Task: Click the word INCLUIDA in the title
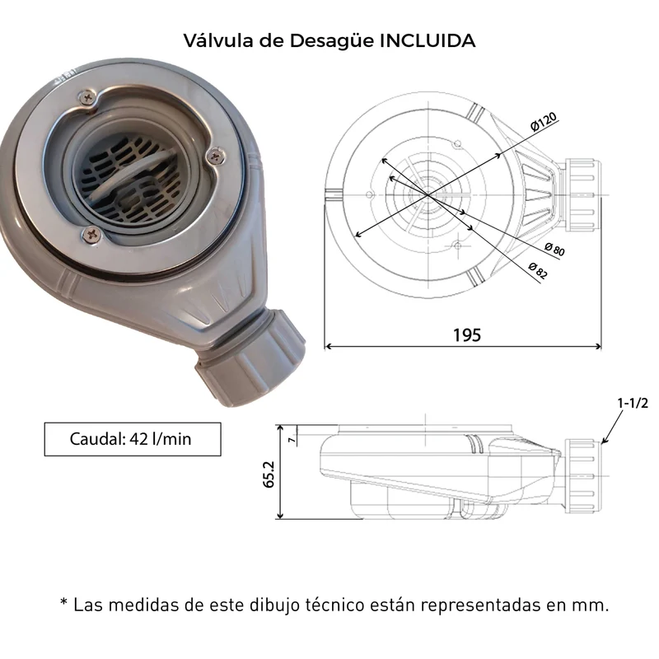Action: (x=427, y=40)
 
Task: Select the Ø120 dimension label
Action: (x=543, y=121)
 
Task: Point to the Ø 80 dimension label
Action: (x=554, y=250)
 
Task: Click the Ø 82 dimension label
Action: (x=538, y=271)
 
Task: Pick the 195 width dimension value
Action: (x=467, y=335)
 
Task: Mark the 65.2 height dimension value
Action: (x=269, y=474)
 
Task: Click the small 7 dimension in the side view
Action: (x=292, y=440)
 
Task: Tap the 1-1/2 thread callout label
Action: (x=633, y=403)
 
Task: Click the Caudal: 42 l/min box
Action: (x=133, y=439)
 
